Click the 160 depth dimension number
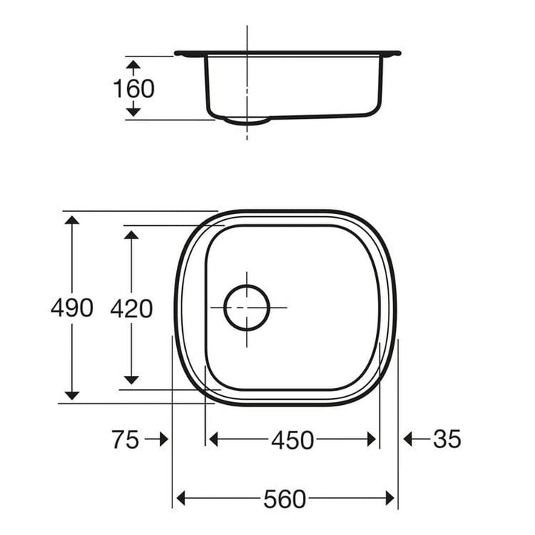[x=134, y=88]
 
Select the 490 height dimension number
[x=71, y=308]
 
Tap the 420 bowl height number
[x=132, y=308]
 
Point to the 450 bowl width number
[x=293, y=440]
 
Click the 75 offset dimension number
[x=126, y=439]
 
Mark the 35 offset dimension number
[x=447, y=438]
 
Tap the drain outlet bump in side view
[x=247, y=122]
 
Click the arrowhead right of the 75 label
[x=164, y=439]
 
